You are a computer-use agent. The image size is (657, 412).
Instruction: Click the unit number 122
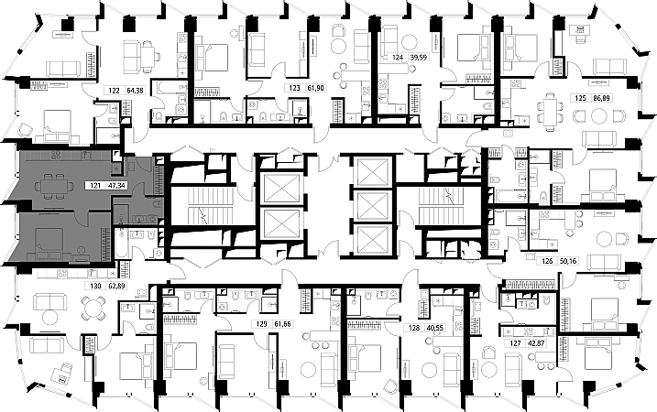tap(113, 92)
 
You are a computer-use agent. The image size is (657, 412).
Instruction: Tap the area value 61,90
tap(315, 88)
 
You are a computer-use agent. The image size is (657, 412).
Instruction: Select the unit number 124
tap(396, 57)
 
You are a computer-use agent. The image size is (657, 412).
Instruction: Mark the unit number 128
tap(412, 326)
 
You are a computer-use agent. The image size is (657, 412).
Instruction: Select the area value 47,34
tap(116, 185)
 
